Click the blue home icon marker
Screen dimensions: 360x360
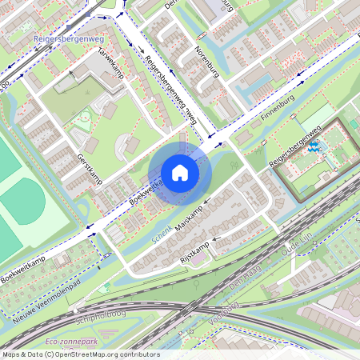tap(180, 173)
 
